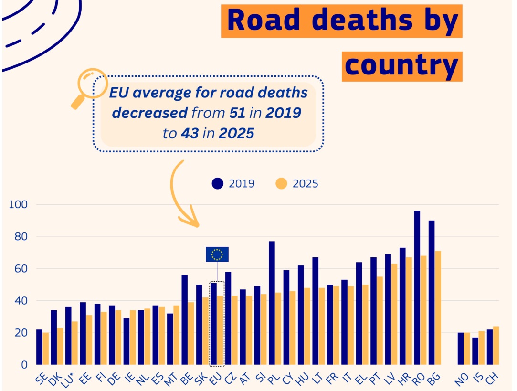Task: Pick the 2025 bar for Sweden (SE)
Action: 45,349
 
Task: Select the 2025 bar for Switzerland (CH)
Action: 496,345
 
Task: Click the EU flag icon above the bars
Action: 217,254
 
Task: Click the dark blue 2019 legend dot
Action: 218,183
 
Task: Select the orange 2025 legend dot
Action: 282,183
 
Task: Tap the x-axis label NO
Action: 462,379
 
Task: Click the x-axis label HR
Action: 404,379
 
